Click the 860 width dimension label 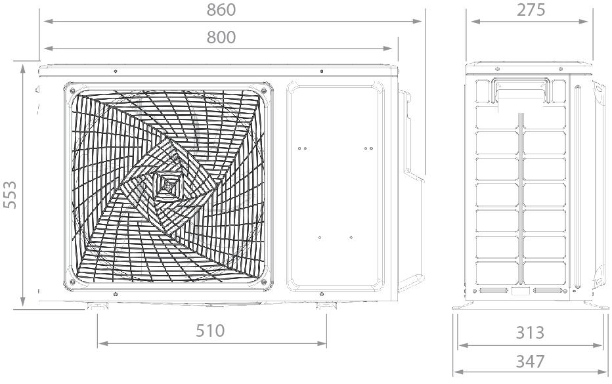click(221, 10)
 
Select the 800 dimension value click(221, 37)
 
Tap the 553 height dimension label click(10, 195)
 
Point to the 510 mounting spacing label click(210, 331)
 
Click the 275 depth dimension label click(531, 10)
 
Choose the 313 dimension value click(530, 333)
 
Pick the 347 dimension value click(530, 362)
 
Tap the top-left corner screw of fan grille click(72, 91)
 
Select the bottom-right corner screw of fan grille click(264, 282)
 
